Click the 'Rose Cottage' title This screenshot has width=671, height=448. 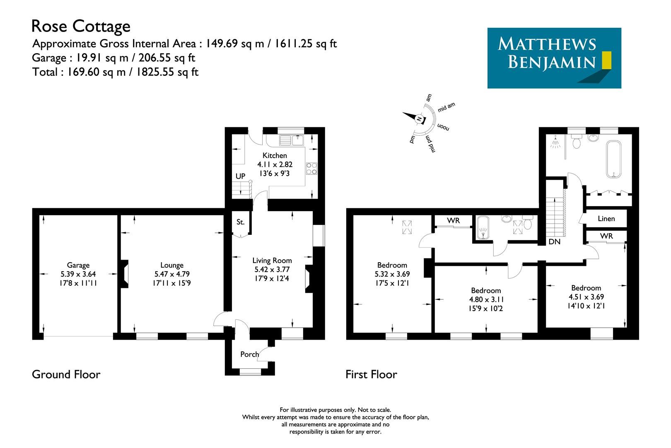click(x=81, y=27)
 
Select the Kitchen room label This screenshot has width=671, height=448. click(x=275, y=156)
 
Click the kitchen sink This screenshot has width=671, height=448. click(x=292, y=141)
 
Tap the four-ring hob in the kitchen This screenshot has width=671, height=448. click(x=311, y=168)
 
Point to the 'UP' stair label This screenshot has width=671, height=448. click(x=241, y=176)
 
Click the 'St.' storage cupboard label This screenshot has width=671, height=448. click(x=241, y=222)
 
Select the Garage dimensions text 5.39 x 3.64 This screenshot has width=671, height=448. click(x=78, y=274)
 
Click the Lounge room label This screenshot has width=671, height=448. click(x=172, y=265)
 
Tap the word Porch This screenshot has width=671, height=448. click(x=249, y=354)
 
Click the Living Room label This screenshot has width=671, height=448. click(x=272, y=261)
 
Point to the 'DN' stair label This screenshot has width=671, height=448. click(x=554, y=241)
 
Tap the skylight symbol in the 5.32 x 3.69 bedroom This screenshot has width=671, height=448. click(x=408, y=226)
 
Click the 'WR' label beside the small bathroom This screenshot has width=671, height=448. click(x=454, y=221)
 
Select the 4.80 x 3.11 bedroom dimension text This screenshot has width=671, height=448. click(x=486, y=299)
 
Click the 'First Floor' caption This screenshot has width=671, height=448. click(x=371, y=375)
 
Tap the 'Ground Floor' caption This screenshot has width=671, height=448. click(x=66, y=375)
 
